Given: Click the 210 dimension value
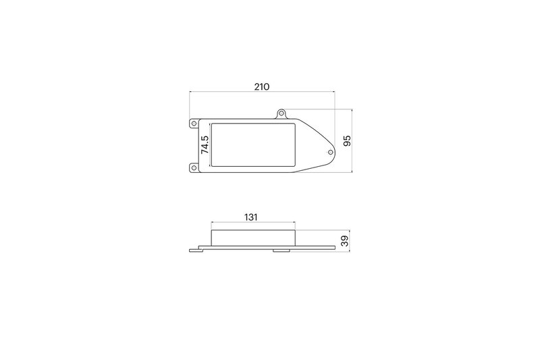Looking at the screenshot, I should pos(262,86).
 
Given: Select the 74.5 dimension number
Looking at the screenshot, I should pos(205,145).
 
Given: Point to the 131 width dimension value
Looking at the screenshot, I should pos(252,217).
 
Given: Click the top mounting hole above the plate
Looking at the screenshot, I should pos(283,114).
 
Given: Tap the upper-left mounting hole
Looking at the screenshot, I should pos(193,124).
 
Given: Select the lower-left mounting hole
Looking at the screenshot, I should pos(193,167).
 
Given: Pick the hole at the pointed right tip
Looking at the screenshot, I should pos(329,153).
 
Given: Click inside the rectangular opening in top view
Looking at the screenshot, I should pos(253,145).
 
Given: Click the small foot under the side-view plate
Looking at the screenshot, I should pos(283,251).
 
